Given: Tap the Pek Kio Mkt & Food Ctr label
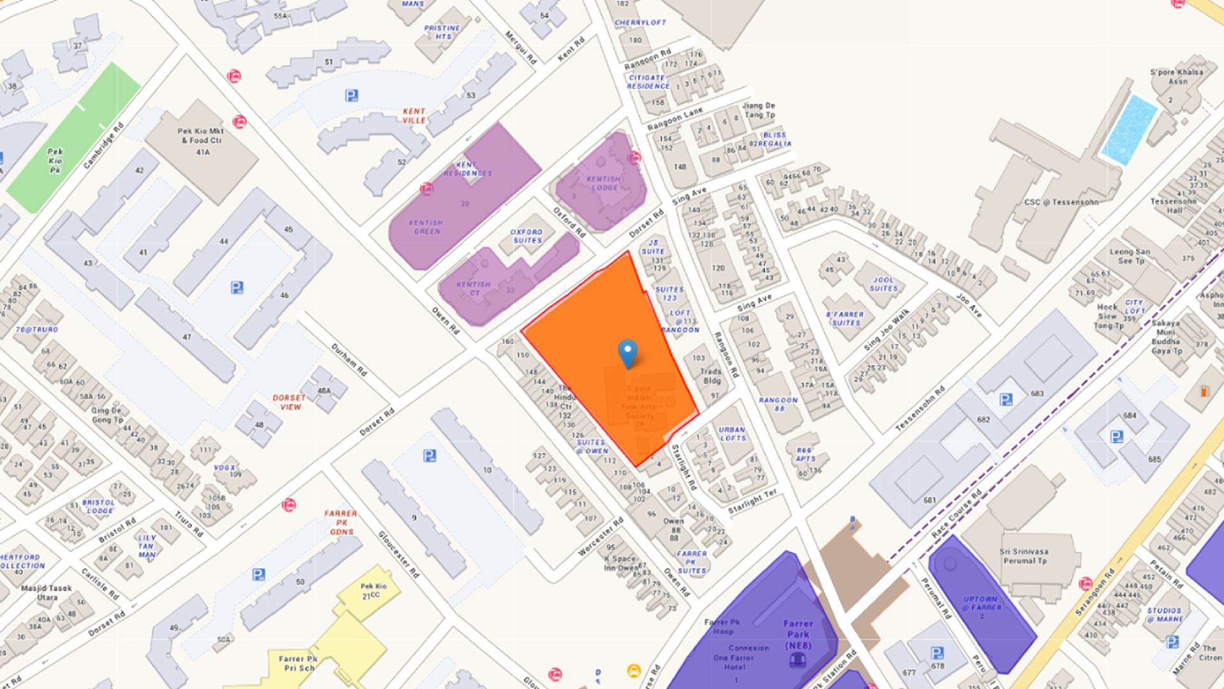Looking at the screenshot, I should [201, 136].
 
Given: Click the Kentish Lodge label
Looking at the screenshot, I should [603, 183].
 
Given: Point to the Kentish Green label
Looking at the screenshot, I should [426, 227].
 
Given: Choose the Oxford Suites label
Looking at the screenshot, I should [527, 236].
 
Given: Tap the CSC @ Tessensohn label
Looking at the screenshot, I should [1061, 202].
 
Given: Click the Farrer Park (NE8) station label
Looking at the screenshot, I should [798, 635].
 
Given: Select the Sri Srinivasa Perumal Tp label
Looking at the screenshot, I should [1024, 556].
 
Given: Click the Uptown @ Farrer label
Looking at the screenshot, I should [980, 604].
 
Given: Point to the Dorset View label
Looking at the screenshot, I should [289, 402].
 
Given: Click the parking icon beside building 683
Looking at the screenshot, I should [1006, 399].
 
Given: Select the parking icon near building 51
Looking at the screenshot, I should [351, 96].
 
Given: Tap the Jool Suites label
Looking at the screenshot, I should [884, 284].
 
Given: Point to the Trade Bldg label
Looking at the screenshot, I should [711, 376].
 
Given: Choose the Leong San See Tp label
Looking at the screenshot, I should [1130, 256].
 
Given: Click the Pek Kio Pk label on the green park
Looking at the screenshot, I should [55, 161].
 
